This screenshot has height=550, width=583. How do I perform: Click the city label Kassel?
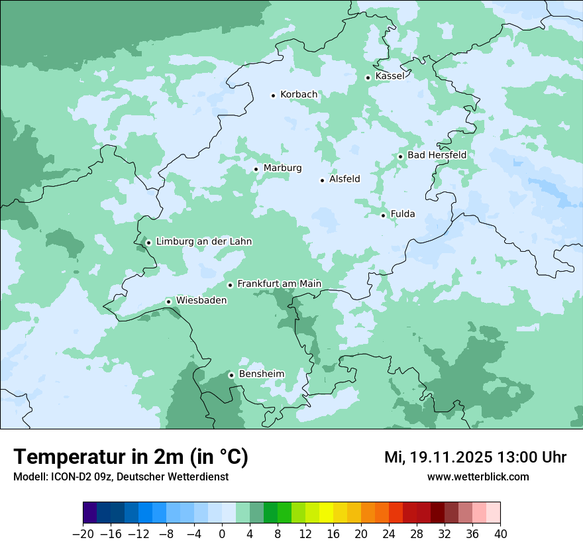(390, 76)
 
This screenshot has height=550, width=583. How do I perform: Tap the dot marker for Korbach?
(273, 95)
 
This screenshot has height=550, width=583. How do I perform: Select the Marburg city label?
(282, 168)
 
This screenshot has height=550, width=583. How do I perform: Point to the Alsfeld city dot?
(323, 180)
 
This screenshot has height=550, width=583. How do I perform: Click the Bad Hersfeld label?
(437, 155)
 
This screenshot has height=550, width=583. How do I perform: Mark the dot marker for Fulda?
(383, 215)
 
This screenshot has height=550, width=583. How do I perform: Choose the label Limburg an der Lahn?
(204, 242)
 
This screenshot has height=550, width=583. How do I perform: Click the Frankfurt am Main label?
(279, 284)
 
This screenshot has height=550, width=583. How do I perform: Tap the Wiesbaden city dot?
(169, 302)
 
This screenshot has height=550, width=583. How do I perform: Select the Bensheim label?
(261, 374)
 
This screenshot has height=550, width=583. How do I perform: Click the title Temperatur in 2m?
(131, 457)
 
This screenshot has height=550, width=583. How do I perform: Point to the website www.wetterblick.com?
(478, 477)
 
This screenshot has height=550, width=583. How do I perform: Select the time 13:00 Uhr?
(531, 457)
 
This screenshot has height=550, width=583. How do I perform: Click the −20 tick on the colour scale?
(83, 534)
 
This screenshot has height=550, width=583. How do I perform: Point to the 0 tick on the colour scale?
(222, 534)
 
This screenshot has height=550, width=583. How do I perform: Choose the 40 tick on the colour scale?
(500, 534)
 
